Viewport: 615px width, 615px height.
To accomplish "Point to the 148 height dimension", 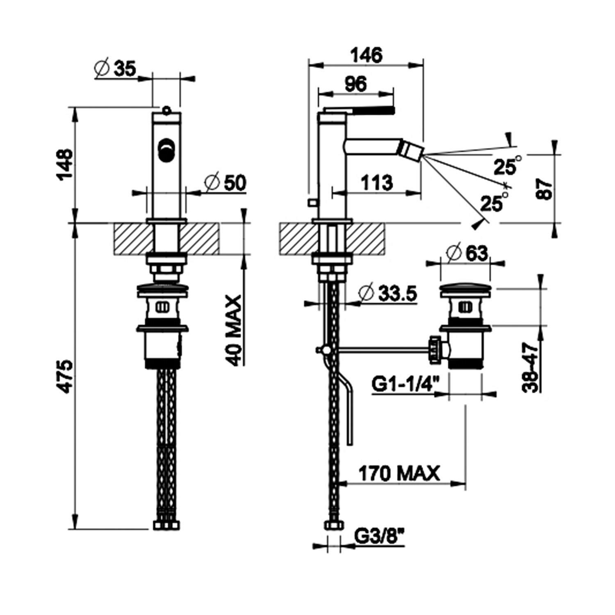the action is (65, 163).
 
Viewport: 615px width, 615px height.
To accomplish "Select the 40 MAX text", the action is (235, 330).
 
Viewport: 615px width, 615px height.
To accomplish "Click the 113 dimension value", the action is (376, 182).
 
